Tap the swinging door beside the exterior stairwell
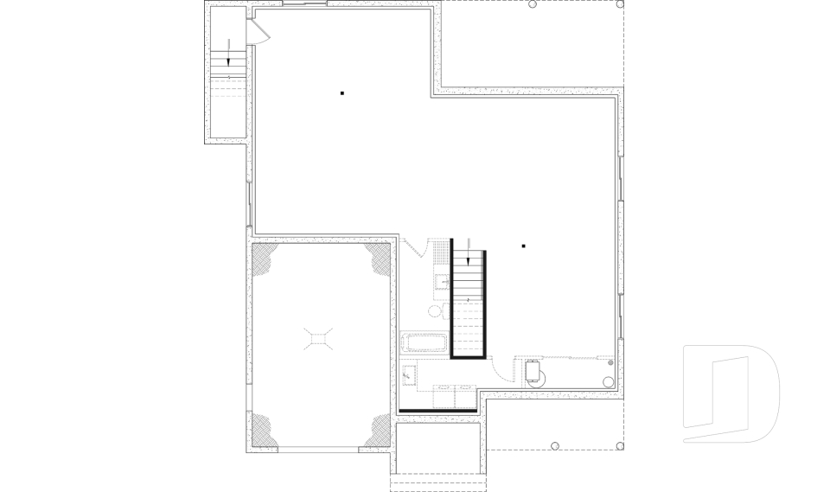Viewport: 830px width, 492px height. pyautogui.click(x=259, y=32)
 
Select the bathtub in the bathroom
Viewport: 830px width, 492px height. pyautogui.click(x=424, y=342)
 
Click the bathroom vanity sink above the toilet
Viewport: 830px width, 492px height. pyautogui.click(x=441, y=282)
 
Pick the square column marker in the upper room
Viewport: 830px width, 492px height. pyautogui.click(x=342, y=93)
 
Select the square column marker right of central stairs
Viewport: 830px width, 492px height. pyautogui.click(x=523, y=246)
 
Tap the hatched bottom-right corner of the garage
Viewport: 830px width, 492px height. pyautogui.click(x=378, y=431)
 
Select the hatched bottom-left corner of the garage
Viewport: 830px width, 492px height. pyautogui.click(x=264, y=431)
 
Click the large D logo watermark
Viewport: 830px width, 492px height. pyautogui.click(x=731, y=393)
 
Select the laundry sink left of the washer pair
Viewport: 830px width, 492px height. pyautogui.click(x=410, y=376)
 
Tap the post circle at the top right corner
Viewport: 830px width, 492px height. pyautogui.click(x=621, y=4)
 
